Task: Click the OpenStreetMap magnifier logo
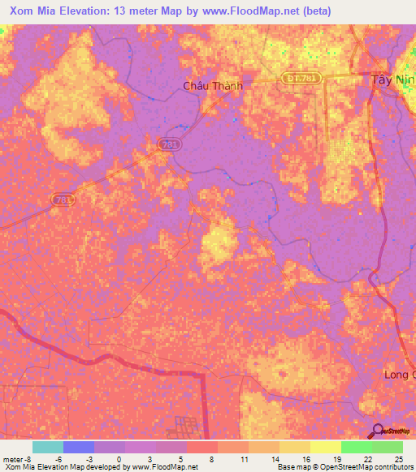pos(379,431)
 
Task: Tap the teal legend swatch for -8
pos(47,447)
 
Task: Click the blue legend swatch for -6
pos(78,447)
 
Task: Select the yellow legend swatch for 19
pos(325,447)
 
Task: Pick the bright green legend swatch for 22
pos(356,447)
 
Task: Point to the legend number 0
pos(119,458)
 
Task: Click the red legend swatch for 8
pos(201,447)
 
